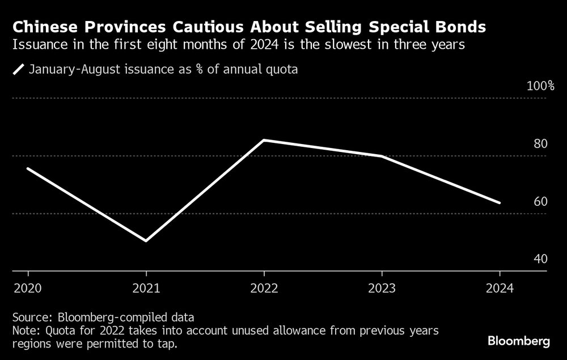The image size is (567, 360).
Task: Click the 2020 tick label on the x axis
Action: click(x=27, y=289)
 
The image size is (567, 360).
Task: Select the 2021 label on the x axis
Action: click(x=146, y=289)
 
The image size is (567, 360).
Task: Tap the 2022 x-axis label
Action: click(x=264, y=289)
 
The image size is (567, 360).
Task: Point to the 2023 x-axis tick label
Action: click(x=382, y=289)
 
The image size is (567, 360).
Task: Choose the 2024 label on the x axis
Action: click(x=499, y=289)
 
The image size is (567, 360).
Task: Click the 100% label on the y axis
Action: click(x=540, y=86)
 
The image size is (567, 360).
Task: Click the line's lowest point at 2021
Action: click(x=146, y=241)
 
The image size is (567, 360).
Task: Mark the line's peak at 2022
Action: click(x=264, y=140)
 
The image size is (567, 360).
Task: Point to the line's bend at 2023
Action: click(x=382, y=156)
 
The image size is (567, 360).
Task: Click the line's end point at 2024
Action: click(x=499, y=202)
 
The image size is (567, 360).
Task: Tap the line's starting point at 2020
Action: click(x=27, y=168)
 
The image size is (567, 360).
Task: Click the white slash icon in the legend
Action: click(x=19, y=70)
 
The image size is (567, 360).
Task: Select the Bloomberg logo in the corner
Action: click(x=519, y=341)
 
